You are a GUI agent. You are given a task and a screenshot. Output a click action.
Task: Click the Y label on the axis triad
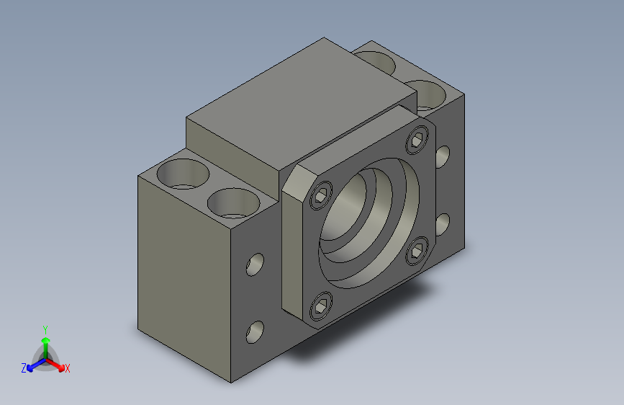pyautogui.click(x=45, y=328)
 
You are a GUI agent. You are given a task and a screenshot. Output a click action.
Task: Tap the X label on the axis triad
pyautogui.click(x=67, y=369)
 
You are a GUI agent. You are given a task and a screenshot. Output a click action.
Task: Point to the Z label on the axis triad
pyautogui.click(x=24, y=368)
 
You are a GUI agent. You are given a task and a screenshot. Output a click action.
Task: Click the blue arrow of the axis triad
pyautogui.click(x=33, y=365)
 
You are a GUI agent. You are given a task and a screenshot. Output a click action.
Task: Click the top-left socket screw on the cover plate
pyautogui.click(x=322, y=195)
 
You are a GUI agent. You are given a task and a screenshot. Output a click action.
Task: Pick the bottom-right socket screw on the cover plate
pyautogui.click(x=417, y=253)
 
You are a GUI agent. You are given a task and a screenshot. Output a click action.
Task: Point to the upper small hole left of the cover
pyautogui.click(x=256, y=264)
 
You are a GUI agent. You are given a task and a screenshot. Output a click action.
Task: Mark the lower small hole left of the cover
pyautogui.click(x=255, y=331)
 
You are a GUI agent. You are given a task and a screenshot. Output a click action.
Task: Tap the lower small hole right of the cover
pyautogui.click(x=443, y=223)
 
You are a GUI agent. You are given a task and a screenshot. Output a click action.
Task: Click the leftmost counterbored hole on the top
pyautogui.click(x=181, y=174)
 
